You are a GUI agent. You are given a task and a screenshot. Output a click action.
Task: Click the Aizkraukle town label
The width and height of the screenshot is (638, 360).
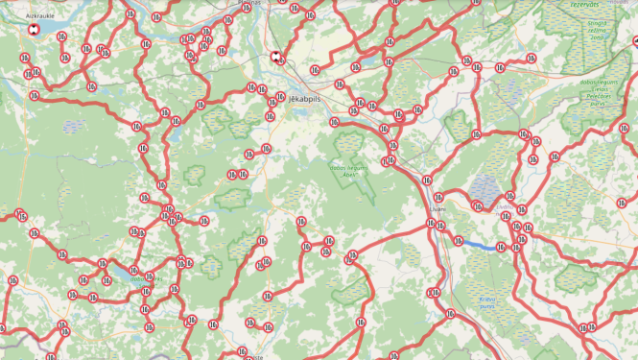[40, 16]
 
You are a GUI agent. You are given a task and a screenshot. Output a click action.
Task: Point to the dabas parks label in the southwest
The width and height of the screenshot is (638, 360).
[140, 279]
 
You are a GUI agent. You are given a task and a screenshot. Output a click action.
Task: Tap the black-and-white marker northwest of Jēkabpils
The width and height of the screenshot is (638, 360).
[276, 56]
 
